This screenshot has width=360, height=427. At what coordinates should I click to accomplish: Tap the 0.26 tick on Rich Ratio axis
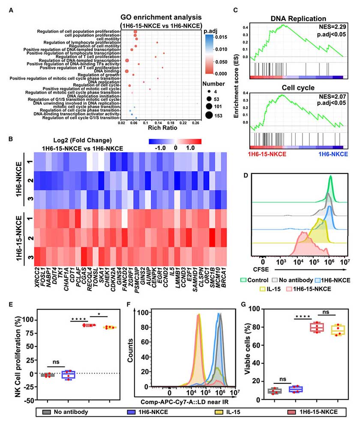click(196, 122)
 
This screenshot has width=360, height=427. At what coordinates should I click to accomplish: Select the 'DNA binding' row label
click(108, 71)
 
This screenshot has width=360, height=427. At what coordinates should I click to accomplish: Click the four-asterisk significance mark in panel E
click(79, 319)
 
